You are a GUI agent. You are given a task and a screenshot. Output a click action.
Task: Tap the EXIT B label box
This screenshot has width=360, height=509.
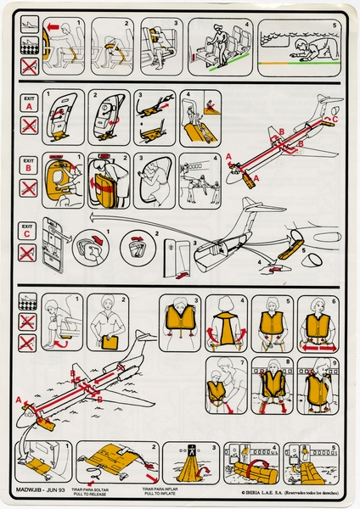29,164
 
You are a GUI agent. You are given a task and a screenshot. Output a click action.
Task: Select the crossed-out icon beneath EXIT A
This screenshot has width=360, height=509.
29,125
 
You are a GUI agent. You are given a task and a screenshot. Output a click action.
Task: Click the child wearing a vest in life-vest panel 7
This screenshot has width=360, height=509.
216,392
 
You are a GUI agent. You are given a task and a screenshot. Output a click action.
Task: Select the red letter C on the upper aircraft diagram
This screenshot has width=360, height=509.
334,121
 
